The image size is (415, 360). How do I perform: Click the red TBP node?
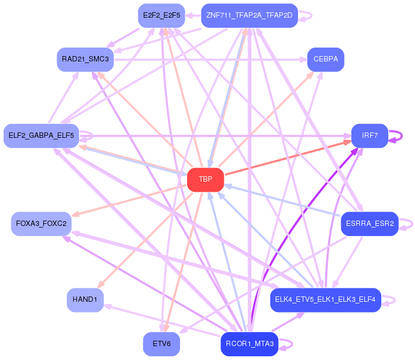[x=206, y=179]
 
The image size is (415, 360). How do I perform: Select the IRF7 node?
[x=370, y=136]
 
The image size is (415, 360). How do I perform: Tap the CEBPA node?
[x=325, y=59]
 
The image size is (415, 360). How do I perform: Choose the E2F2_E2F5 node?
[x=161, y=15]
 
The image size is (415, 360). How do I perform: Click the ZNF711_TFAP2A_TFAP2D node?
[x=249, y=15]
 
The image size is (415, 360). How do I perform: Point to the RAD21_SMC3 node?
[x=85, y=59]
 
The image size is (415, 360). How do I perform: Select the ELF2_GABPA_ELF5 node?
[x=41, y=136]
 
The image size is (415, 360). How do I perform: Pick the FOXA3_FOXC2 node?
[x=41, y=223]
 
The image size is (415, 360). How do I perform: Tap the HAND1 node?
[x=85, y=300]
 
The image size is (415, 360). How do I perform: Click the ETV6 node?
[x=161, y=344]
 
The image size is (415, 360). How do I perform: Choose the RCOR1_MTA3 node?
[x=249, y=344]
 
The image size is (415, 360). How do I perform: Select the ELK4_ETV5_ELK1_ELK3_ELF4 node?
[x=325, y=300]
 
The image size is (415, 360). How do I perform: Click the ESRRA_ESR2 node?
[x=370, y=223]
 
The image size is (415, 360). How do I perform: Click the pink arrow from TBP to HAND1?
[x=144, y=240]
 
